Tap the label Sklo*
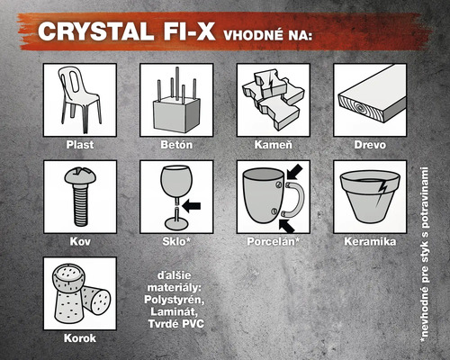[176, 241]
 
